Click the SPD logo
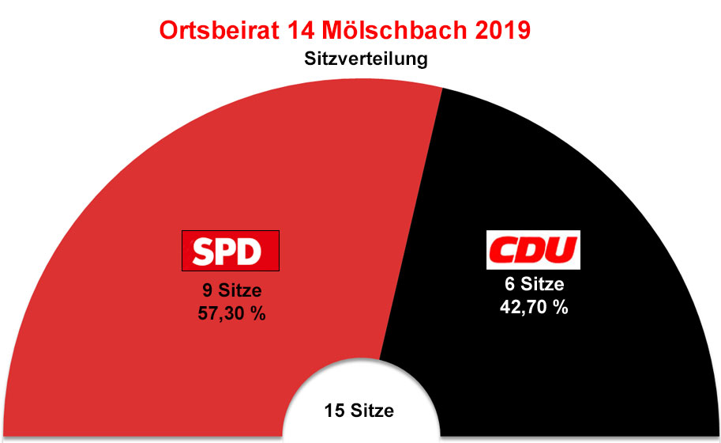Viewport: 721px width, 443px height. pyautogui.click(x=231, y=252)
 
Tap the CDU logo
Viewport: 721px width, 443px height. pyautogui.click(x=533, y=251)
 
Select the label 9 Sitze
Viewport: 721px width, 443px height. pyautogui.click(x=231, y=290)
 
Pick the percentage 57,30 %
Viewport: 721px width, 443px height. pyautogui.click(x=231, y=313)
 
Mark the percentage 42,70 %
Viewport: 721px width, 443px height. pyautogui.click(x=535, y=308)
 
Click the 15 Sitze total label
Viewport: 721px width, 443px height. pyautogui.click(x=359, y=411)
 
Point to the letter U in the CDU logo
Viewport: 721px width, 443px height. pyautogui.click(x=562, y=251)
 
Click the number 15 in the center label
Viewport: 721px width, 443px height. pyautogui.click(x=333, y=411)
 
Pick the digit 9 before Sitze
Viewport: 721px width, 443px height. pyautogui.click(x=208, y=290)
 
